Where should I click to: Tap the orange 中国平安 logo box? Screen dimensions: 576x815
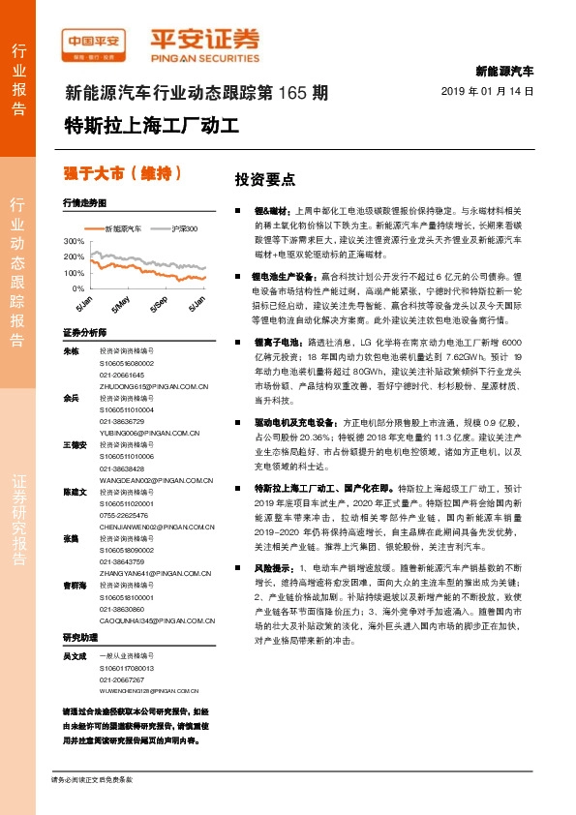click(x=93, y=40)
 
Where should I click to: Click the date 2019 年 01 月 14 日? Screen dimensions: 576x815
click(x=487, y=90)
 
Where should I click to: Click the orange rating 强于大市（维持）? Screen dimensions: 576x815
click(x=122, y=173)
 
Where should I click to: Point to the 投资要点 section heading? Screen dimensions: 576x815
click(x=264, y=180)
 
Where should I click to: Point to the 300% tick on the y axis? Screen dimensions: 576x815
click(x=73, y=240)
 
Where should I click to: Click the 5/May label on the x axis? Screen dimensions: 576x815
click(x=120, y=303)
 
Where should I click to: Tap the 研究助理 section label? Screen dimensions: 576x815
click(x=80, y=638)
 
